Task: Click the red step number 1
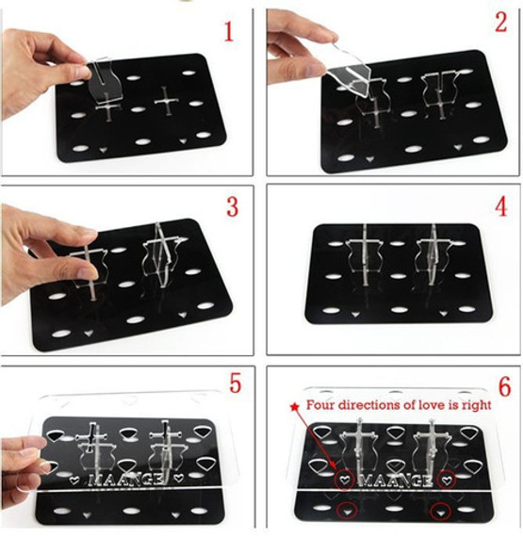pyautogui.click(x=229, y=31)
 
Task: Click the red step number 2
pyautogui.click(x=500, y=22)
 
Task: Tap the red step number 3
pyautogui.click(x=233, y=206)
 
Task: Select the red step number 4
pyautogui.click(x=501, y=206)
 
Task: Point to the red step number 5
pyautogui.click(x=235, y=383)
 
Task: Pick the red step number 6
pyautogui.click(x=504, y=386)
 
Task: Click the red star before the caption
pyautogui.click(x=294, y=407)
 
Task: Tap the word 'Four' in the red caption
pyautogui.click(x=320, y=404)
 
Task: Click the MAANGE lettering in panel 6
pyautogui.click(x=396, y=481)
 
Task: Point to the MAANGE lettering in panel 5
pyautogui.click(x=126, y=480)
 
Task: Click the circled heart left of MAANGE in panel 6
pyautogui.click(x=345, y=480)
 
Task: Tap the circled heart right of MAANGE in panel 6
pyautogui.click(x=447, y=480)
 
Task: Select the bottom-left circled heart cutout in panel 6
pyautogui.click(x=347, y=512)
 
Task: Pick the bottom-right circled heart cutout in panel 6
pyautogui.click(x=440, y=512)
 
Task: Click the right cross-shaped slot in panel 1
pyautogui.click(x=166, y=101)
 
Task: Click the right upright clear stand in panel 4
pyautogui.click(x=433, y=255)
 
